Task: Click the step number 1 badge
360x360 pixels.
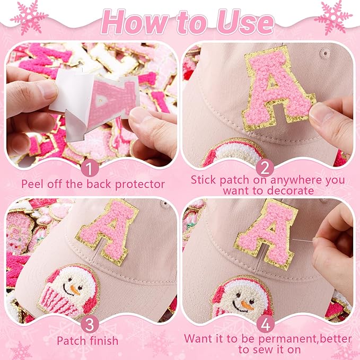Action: click(90, 169)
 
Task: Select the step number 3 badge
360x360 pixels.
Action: click(90, 324)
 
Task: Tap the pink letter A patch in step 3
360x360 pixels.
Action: click(107, 232)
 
